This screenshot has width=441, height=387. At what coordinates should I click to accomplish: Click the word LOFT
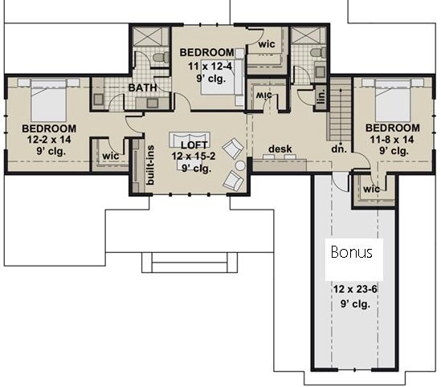194,145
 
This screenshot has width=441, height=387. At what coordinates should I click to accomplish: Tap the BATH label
143,88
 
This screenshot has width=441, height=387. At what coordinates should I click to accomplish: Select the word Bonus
352,252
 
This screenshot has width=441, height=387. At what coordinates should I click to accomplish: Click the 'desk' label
280,149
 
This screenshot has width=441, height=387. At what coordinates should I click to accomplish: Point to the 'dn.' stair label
339,149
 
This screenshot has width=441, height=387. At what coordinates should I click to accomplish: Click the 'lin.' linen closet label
321,96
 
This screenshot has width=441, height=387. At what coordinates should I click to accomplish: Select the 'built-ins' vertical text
150,165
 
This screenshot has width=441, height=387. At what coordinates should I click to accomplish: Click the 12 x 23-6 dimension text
355,289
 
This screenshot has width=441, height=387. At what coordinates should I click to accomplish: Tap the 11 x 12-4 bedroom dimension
210,67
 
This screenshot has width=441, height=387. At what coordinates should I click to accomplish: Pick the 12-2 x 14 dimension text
49,140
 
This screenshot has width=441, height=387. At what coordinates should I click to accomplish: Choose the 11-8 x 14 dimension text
392,139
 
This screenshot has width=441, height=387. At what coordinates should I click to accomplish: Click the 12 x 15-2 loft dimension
194,156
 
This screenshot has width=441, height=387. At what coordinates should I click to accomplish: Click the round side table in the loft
240,165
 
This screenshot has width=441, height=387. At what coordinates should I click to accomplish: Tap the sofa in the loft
190,138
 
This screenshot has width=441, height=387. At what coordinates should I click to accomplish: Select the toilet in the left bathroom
161,57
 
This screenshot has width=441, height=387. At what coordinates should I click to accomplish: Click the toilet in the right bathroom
318,53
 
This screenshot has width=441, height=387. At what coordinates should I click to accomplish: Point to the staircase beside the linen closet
339,110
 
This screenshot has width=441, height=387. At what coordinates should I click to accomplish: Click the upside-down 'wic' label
264,95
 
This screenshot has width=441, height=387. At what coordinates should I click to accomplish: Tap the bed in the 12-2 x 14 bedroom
49,100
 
